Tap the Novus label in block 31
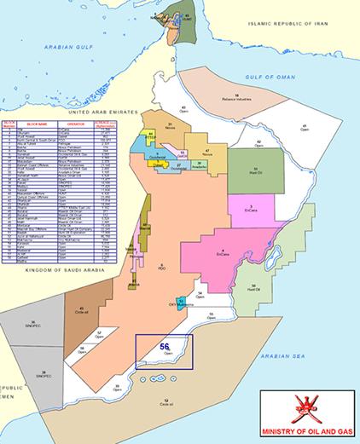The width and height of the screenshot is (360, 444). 172,128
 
